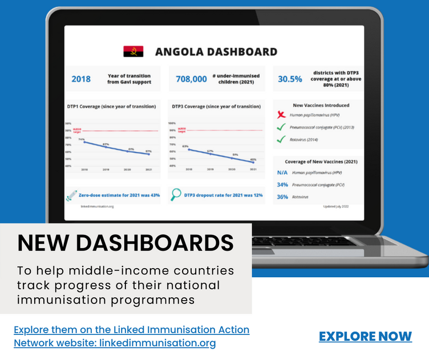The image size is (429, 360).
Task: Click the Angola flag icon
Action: click(133, 52)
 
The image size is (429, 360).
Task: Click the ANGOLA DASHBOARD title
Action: click(216, 52)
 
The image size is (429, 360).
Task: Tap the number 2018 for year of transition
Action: click(81, 79)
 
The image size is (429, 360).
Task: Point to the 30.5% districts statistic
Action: click(290, 79)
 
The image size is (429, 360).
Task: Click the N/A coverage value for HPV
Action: click(282, 172)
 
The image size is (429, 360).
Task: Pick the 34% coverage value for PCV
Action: click(282, 185)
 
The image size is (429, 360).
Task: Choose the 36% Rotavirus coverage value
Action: click(282, 197)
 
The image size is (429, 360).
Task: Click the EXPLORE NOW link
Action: click(365, 336)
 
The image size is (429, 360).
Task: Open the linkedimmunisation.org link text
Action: click(157, 343)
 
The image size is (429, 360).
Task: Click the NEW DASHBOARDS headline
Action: click(126, 243)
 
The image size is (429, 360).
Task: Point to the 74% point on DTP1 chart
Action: click(84, 142)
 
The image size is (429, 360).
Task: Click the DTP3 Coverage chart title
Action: click(216, 106)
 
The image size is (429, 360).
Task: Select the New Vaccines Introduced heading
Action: click(321, 106)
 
